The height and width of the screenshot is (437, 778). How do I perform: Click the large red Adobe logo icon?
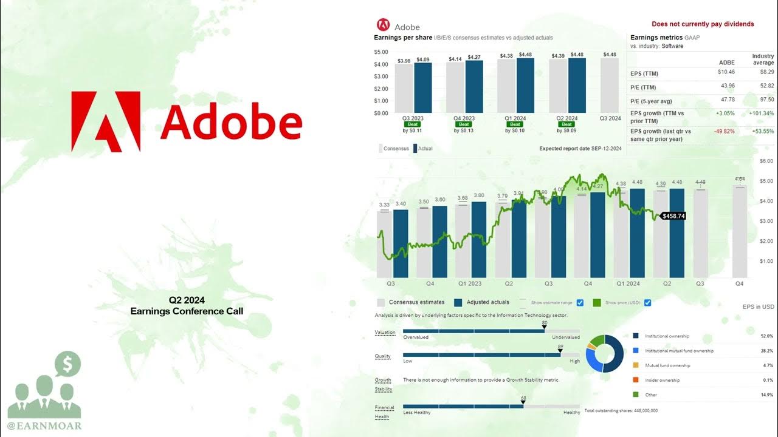click(x=106, y=121)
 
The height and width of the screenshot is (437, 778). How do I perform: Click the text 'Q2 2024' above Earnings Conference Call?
click(x=187, y=300)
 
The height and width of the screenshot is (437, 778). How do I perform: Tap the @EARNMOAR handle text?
click(x=44, y=426)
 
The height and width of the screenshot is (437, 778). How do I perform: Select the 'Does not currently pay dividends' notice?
click(x=703, y=24)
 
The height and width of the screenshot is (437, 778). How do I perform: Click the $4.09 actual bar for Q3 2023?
click(x=423, y=87)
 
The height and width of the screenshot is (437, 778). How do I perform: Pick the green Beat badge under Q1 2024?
click(x=515, y=124)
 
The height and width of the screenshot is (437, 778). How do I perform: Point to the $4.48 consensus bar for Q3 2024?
click(x=609, y=85)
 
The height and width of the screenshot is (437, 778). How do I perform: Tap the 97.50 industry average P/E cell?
click(x=766, y=100)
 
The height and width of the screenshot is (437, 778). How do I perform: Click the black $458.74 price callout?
click(x=673, y=216)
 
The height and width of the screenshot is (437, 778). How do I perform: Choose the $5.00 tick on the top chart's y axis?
click(x=381, y=52)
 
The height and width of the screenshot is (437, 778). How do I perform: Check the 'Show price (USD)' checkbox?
click(x=647, y=303)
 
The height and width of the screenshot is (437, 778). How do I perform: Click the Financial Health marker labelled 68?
click(x=523, y=402)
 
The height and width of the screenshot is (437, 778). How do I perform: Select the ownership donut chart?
click(x=605, y=353)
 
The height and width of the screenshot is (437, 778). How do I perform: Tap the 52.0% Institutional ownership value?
click(x=766, y=336)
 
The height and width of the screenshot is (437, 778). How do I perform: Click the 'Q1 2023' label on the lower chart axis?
click(x=470, y=283)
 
